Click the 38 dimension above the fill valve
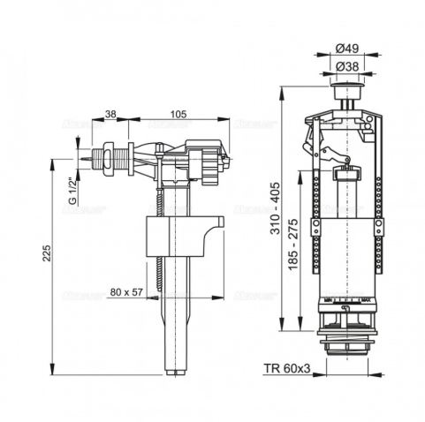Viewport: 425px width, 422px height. (111, 114)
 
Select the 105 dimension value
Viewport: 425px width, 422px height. (178, 114)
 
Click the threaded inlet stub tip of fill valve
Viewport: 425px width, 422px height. (82, 162)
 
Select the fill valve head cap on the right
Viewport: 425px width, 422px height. (207, 162)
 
